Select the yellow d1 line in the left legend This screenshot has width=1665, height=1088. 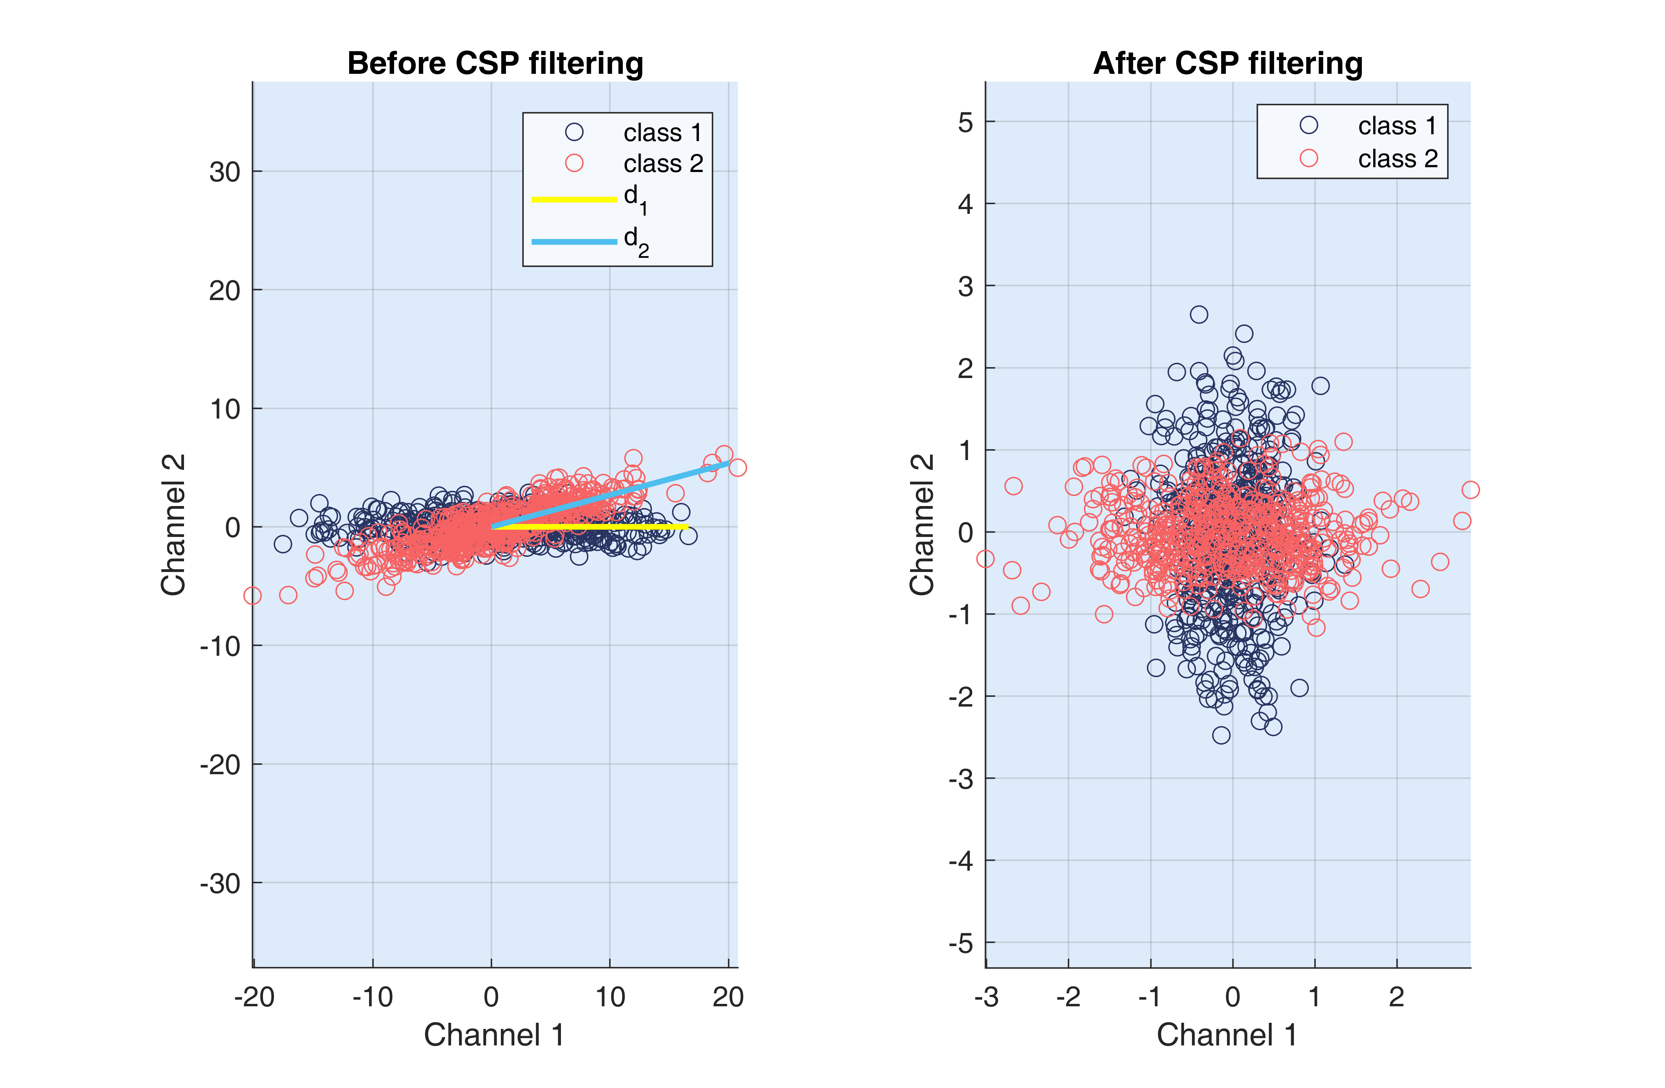pos(574,199)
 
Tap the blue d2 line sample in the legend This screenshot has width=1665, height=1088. pos(574,241)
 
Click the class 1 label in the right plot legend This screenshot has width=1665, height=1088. pos(1397,126)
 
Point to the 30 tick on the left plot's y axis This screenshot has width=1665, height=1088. pos(225,171)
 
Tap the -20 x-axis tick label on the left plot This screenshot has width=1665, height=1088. pos(254,996)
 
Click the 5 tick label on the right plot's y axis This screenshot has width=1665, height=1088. pos(965,123)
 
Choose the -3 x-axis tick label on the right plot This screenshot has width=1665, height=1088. pos(986,996)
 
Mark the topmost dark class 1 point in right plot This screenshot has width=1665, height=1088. pos(1198,314)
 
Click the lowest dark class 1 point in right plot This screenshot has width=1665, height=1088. pos(1221,735)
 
